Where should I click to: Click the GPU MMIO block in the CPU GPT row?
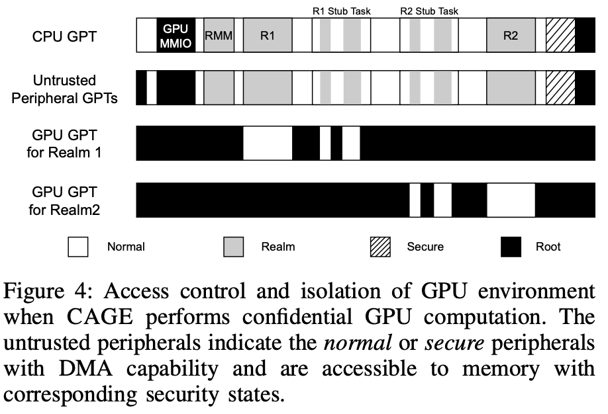176,36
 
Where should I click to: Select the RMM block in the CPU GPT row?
219,36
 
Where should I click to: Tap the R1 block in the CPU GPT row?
268,36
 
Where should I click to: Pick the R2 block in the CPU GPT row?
511,36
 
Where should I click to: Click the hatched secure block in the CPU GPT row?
560,36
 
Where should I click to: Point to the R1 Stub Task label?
341,11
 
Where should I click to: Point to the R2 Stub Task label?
430,11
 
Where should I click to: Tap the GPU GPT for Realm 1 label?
65,144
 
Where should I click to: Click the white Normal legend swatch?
78,247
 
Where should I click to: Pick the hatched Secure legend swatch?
381,247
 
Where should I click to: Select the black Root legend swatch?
511,247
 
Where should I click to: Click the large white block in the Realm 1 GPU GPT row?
268,143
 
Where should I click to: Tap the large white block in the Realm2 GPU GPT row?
511,200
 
